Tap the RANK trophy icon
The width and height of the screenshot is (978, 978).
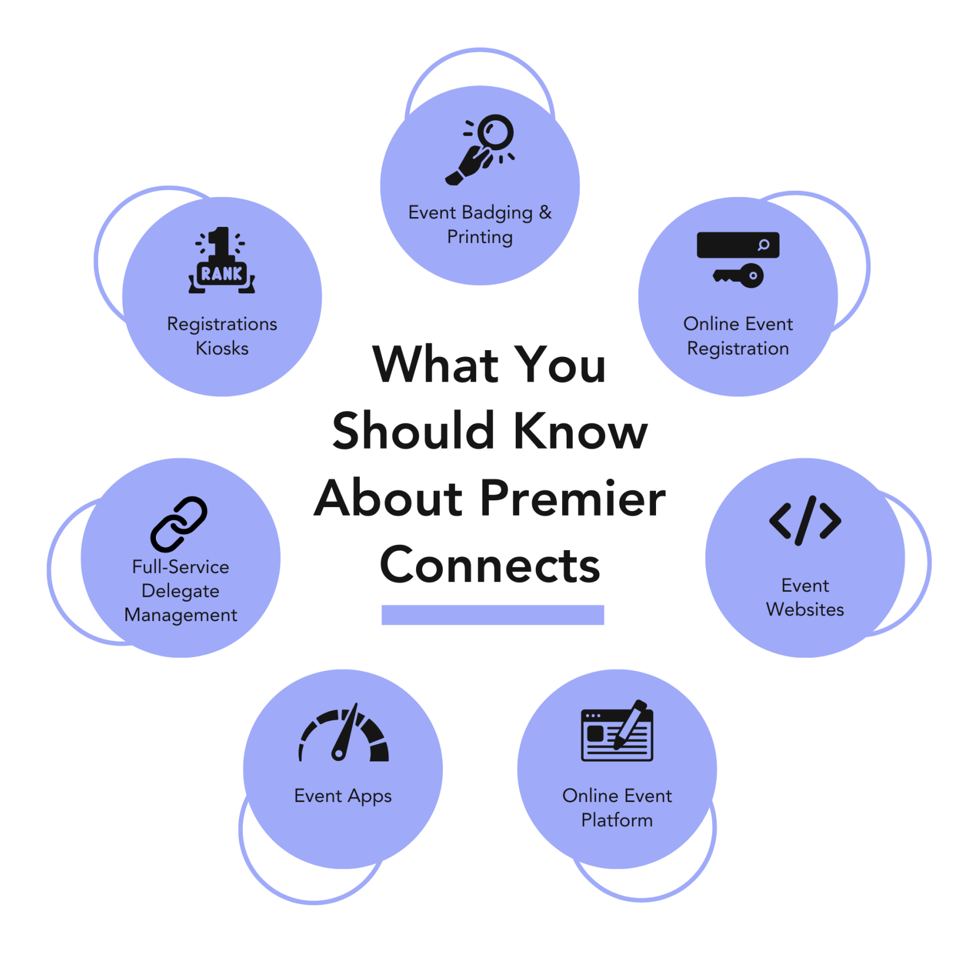(222, 261)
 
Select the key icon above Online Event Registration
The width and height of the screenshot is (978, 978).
(739, 276)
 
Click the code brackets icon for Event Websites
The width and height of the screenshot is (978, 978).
(805, 520)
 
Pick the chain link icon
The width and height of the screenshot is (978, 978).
(179, 524)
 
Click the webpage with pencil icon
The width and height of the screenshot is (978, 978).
(617, 732)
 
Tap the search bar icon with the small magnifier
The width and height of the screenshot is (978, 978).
(738, 245)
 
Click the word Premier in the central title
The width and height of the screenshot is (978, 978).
(572, 498)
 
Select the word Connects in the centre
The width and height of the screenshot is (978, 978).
(490, 565)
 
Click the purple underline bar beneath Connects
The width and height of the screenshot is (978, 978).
(493, 615)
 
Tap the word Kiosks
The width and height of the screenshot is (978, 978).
(222, 348)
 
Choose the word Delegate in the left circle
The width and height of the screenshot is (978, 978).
(180, 591)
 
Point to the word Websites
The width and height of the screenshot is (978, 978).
(805, 610)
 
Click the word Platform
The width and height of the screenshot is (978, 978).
(617, 820)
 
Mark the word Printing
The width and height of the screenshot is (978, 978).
(480, 237)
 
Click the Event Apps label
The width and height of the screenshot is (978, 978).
(343, 796)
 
